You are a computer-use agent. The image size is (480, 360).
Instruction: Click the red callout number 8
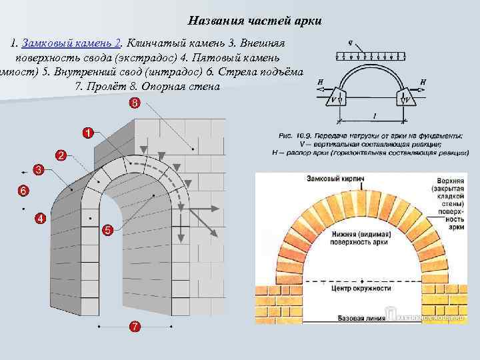point(135,103)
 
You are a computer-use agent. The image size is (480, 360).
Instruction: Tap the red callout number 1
point(88,132)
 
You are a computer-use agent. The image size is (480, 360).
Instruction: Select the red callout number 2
point(60,155)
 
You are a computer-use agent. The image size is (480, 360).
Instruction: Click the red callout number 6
point(23,191)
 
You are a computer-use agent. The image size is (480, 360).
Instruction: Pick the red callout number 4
point(40,218)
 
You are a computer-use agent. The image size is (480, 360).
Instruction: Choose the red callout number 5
point(107,230)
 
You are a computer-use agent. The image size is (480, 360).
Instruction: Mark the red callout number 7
point(135,326)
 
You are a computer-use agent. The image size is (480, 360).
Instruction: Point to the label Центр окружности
point(360,289)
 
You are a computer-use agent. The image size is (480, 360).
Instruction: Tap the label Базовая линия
point(360,318)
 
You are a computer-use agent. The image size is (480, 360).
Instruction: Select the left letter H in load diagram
point(321,82)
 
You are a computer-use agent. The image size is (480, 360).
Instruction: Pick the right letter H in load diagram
point(424,82)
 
